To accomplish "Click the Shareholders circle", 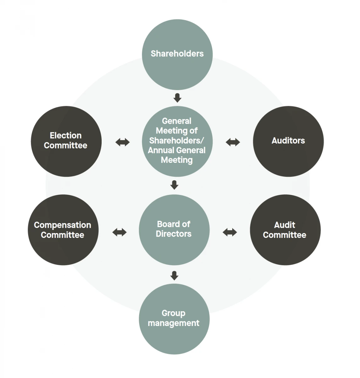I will [177, 54].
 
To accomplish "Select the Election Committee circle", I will [66, 141].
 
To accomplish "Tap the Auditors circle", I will [288, 141].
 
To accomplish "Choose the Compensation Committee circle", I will [63, 230].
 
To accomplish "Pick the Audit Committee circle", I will [285, 230].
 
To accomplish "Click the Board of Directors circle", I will [174, 230].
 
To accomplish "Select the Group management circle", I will [174, 319].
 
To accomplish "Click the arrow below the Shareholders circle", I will [177, 98].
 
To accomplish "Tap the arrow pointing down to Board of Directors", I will [174, 185].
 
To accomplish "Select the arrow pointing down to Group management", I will [174, 276].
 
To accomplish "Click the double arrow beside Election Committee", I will [122, 142].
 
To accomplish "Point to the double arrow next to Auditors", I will [233, 142].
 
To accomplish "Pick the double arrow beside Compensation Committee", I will [119, 232].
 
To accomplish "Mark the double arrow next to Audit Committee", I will [230, 232].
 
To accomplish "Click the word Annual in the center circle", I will [159, 150].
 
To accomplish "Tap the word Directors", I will [174, 234].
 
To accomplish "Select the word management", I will [174, 323].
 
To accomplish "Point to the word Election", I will [66, 135].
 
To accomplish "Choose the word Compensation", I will [63, 225].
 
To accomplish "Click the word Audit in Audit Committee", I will [284, 225].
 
